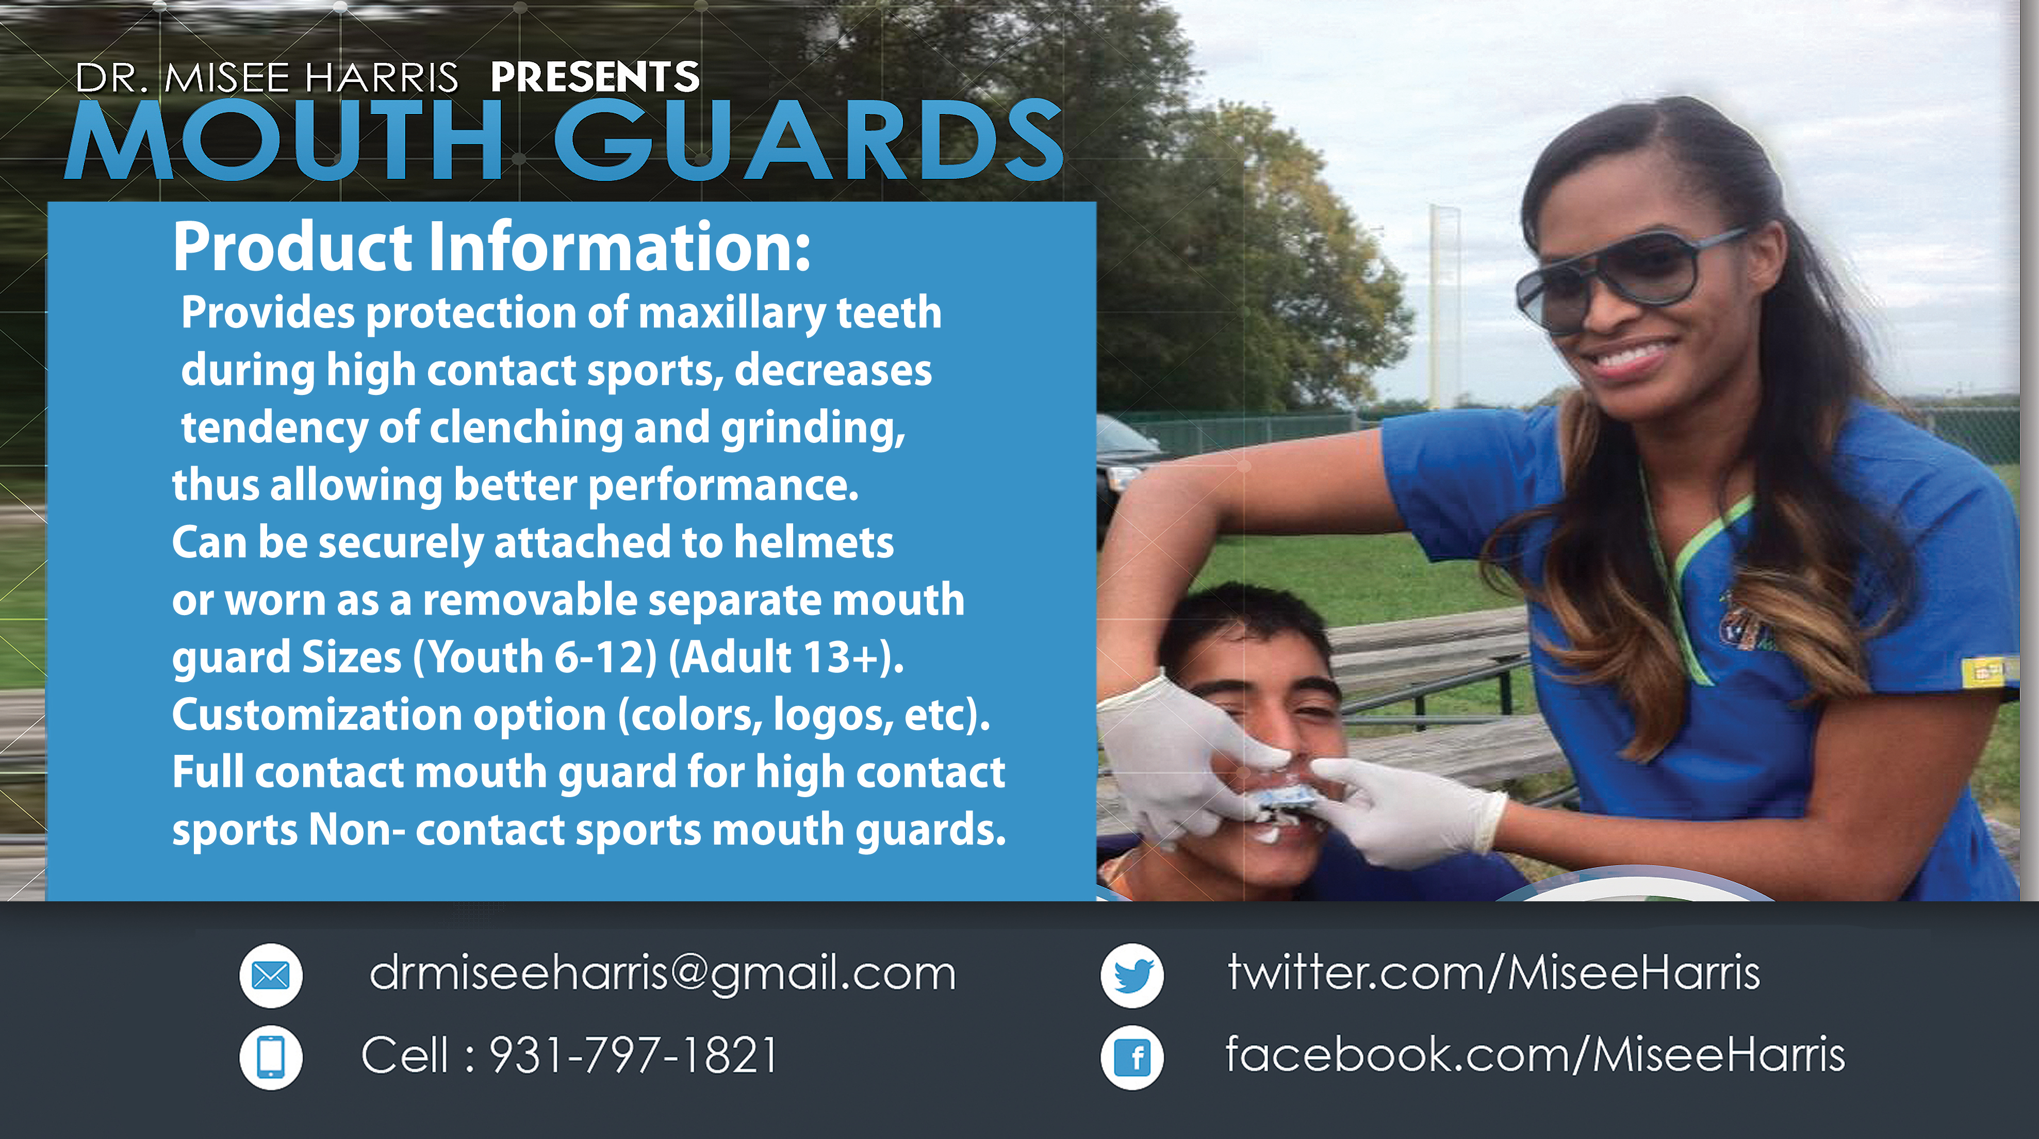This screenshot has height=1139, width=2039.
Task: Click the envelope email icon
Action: [x=271, y=975]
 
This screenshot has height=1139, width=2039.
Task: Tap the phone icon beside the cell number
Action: [x=271, y=1058]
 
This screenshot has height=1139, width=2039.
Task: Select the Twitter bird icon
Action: [x=1132, y=975]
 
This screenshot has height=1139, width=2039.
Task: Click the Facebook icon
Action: [x=1132, y=1058]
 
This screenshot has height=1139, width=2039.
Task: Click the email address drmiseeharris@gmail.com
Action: [x=663, y=973]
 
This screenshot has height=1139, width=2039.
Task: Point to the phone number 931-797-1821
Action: [x=633, y=1055]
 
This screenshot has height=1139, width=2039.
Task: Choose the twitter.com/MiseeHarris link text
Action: [x=1493, y=971]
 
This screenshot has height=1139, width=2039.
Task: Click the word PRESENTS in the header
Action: [x=595, y=77]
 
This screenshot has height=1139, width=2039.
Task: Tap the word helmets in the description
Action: [x=814, y=542]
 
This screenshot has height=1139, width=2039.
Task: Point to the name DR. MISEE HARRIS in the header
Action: [x=267, y=77]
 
